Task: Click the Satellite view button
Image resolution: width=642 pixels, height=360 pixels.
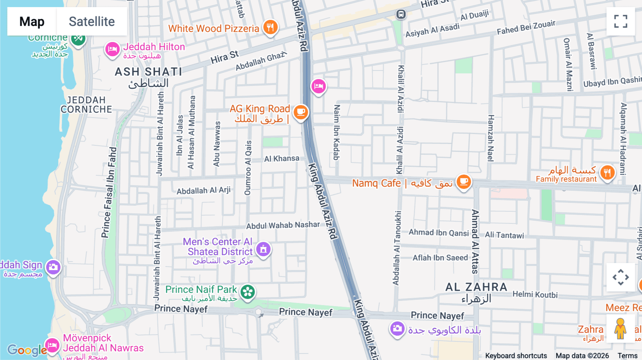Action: point(92,21)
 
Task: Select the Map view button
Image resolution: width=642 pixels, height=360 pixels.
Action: point(32,21)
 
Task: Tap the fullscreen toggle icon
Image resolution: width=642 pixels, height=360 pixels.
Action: point(621,21)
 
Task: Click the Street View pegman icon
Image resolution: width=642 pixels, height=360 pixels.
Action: point(620,329)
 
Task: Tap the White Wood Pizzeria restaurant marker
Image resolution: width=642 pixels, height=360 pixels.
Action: point(270,27)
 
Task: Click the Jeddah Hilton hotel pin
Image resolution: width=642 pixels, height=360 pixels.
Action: point(112,49)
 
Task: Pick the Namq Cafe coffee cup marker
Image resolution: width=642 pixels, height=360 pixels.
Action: point(464,182)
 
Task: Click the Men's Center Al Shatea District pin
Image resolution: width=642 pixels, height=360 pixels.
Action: point(263,249)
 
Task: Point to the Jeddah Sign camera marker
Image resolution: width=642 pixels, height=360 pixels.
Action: point(53,267)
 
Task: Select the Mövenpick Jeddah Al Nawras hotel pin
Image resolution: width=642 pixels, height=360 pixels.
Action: point(52,345)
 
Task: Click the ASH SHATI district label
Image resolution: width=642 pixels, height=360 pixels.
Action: point(148,72)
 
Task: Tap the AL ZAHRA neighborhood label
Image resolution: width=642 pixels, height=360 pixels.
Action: point(476,287)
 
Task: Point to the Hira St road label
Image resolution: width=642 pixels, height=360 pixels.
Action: point(224,57)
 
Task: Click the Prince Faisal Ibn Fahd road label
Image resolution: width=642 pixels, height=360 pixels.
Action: point(109,192)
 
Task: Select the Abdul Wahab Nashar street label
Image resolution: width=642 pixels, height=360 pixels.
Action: point(283,225)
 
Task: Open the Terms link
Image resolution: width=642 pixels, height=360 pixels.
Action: point(627,355)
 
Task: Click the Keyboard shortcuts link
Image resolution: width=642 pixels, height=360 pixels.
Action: point(516,355)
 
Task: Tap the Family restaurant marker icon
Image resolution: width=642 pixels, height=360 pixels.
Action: point(607,173)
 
